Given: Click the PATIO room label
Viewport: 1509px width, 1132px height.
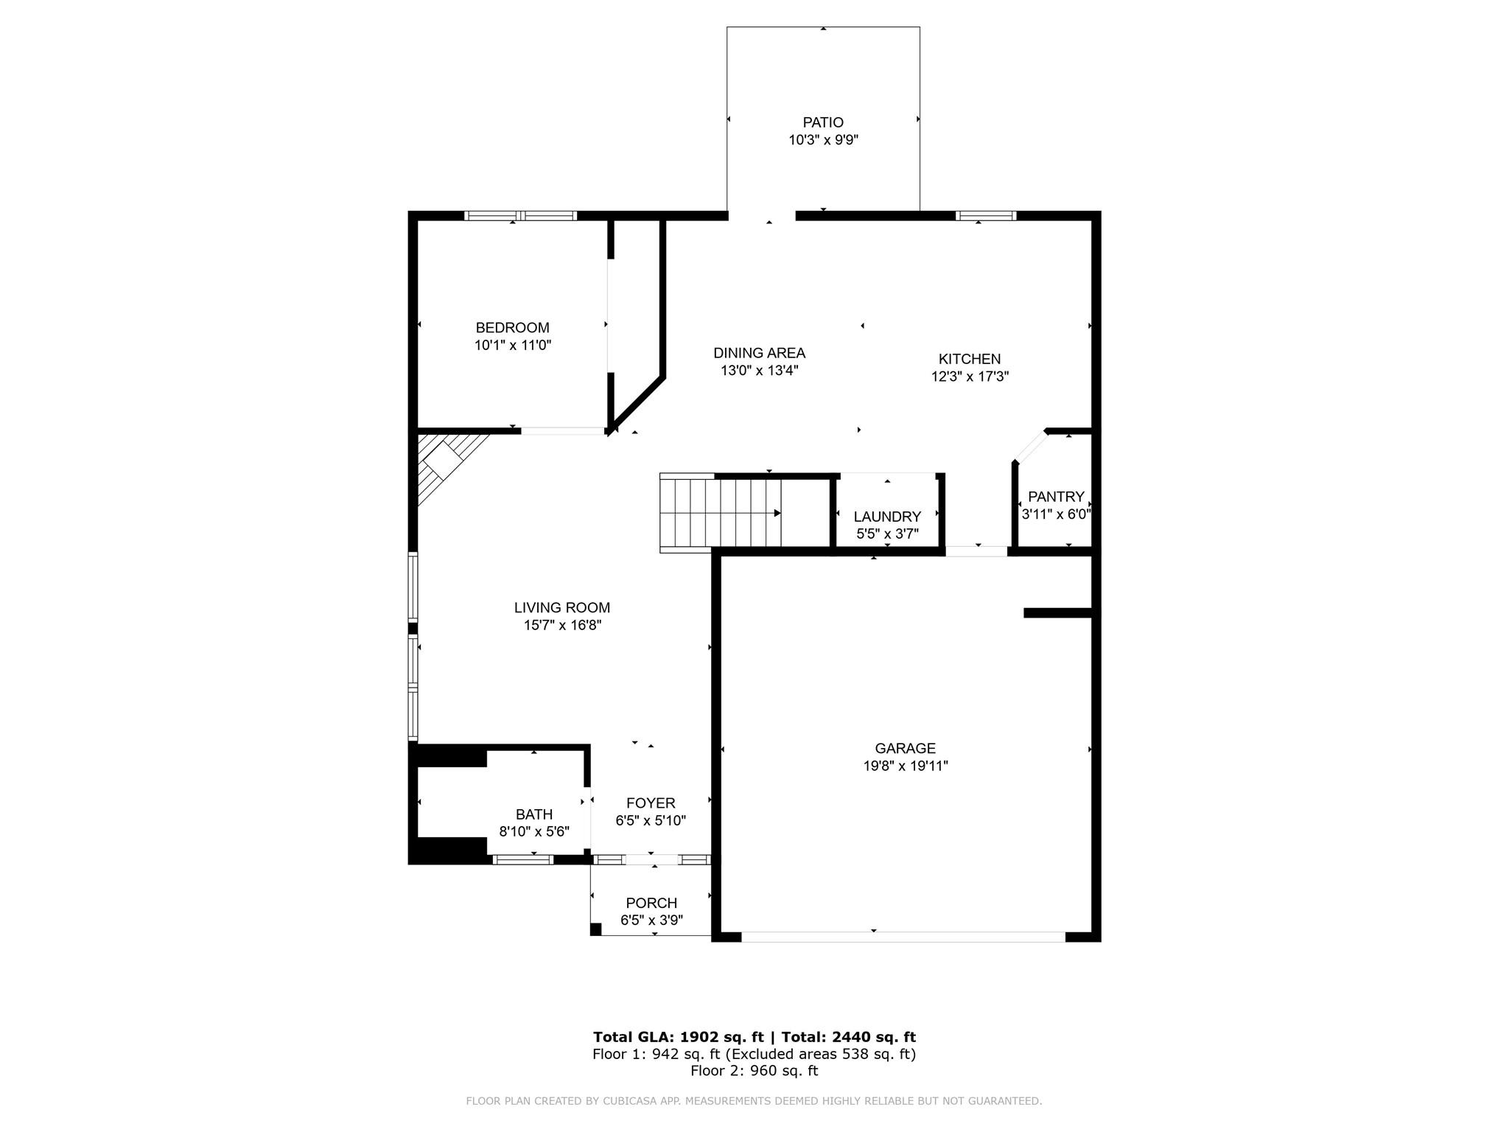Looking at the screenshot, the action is [823, 122].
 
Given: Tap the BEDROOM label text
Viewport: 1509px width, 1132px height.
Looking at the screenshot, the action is [512, 328].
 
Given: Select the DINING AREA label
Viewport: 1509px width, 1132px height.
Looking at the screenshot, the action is [759, 353].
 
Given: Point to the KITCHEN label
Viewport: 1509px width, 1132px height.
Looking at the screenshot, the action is [970, 359].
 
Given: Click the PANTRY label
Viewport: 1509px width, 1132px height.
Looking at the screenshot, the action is [1056, 497].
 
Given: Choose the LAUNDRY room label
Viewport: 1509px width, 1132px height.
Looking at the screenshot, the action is [887, 517].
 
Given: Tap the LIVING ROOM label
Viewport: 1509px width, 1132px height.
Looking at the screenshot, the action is [562, 608].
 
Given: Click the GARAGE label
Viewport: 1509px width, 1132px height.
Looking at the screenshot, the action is [906, 749].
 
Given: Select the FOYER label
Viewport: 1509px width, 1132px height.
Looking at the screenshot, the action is [651, 803].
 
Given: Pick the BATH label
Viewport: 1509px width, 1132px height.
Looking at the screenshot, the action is [534, 814].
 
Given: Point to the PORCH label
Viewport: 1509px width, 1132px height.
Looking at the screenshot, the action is [651, 903].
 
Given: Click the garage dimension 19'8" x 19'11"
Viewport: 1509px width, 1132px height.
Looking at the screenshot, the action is [906, 766].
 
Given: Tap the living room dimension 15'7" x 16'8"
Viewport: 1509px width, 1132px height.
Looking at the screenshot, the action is [562, 626].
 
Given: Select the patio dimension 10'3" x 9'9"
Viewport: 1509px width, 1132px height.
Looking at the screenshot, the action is [823, 140].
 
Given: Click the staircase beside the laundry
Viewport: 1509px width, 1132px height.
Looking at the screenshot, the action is [720, 513].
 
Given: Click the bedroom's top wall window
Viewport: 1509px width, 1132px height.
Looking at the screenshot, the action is [521, 216].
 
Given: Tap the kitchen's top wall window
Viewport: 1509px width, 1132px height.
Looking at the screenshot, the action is [986, 216].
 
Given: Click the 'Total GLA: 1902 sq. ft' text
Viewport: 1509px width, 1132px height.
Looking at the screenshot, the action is [678, 1037].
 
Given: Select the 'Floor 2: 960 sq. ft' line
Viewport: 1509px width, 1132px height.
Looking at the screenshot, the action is [754, 1071].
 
